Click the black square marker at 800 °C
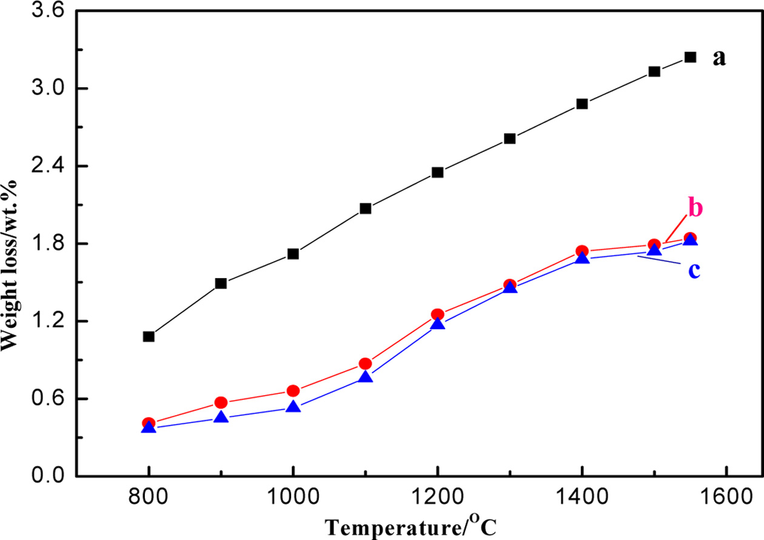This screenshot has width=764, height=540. click(149, 336)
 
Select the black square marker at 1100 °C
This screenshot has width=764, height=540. click(365, 208)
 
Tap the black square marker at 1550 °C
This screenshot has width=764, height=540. click(690, 57)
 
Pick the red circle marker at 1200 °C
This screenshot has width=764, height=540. click(438, 315)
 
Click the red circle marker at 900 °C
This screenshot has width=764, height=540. click(221, 402)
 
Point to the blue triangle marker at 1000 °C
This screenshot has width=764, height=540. click(293, 407)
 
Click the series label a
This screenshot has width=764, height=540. click(719, 58)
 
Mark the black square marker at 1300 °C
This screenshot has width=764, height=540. click(510, 139)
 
